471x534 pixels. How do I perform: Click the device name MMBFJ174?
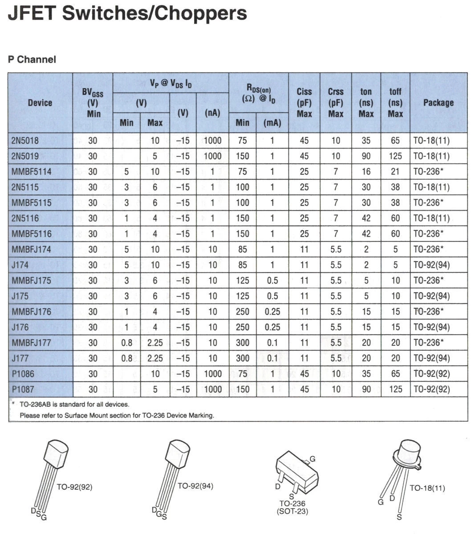[x=31, y=250]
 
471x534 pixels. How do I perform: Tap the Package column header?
[x=438, y=103]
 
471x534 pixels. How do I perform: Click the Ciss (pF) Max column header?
[x=304, y=103]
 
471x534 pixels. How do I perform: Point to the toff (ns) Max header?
[x=395, y=103]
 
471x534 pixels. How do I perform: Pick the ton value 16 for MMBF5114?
[x=366, y=172]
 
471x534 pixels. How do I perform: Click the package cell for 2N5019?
[x=431, y=156]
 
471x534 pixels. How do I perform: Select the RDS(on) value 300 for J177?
[x=242, y=359]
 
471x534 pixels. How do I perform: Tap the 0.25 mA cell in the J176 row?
[x=272, y=328]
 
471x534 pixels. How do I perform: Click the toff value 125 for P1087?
[x=395, y=390]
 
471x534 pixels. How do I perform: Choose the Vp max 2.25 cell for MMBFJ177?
[x=155, y=343]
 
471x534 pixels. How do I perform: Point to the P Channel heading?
[x=32, y=60]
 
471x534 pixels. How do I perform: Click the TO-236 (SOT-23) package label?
[x=292, y=507]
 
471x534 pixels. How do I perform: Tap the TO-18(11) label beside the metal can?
[x=427, y=488]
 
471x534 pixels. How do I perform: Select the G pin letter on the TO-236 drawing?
[x=313, y=459]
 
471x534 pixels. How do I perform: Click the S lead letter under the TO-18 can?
[x=399, y=517]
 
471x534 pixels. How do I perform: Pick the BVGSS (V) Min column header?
[x=93, y=103]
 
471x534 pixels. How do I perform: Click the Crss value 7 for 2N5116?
[x=336, y=218]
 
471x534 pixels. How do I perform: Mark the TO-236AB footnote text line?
[x=74, y=405]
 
